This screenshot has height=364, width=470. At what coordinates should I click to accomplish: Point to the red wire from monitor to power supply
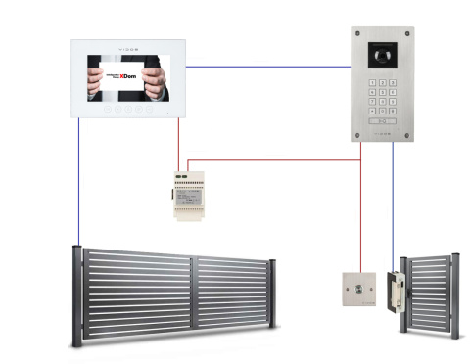click(178, 142)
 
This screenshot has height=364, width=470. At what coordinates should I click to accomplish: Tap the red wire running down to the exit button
click(360, 215)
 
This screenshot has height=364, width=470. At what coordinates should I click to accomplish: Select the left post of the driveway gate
click(76, 296)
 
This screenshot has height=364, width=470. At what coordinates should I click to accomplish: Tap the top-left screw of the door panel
click(356, 34)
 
